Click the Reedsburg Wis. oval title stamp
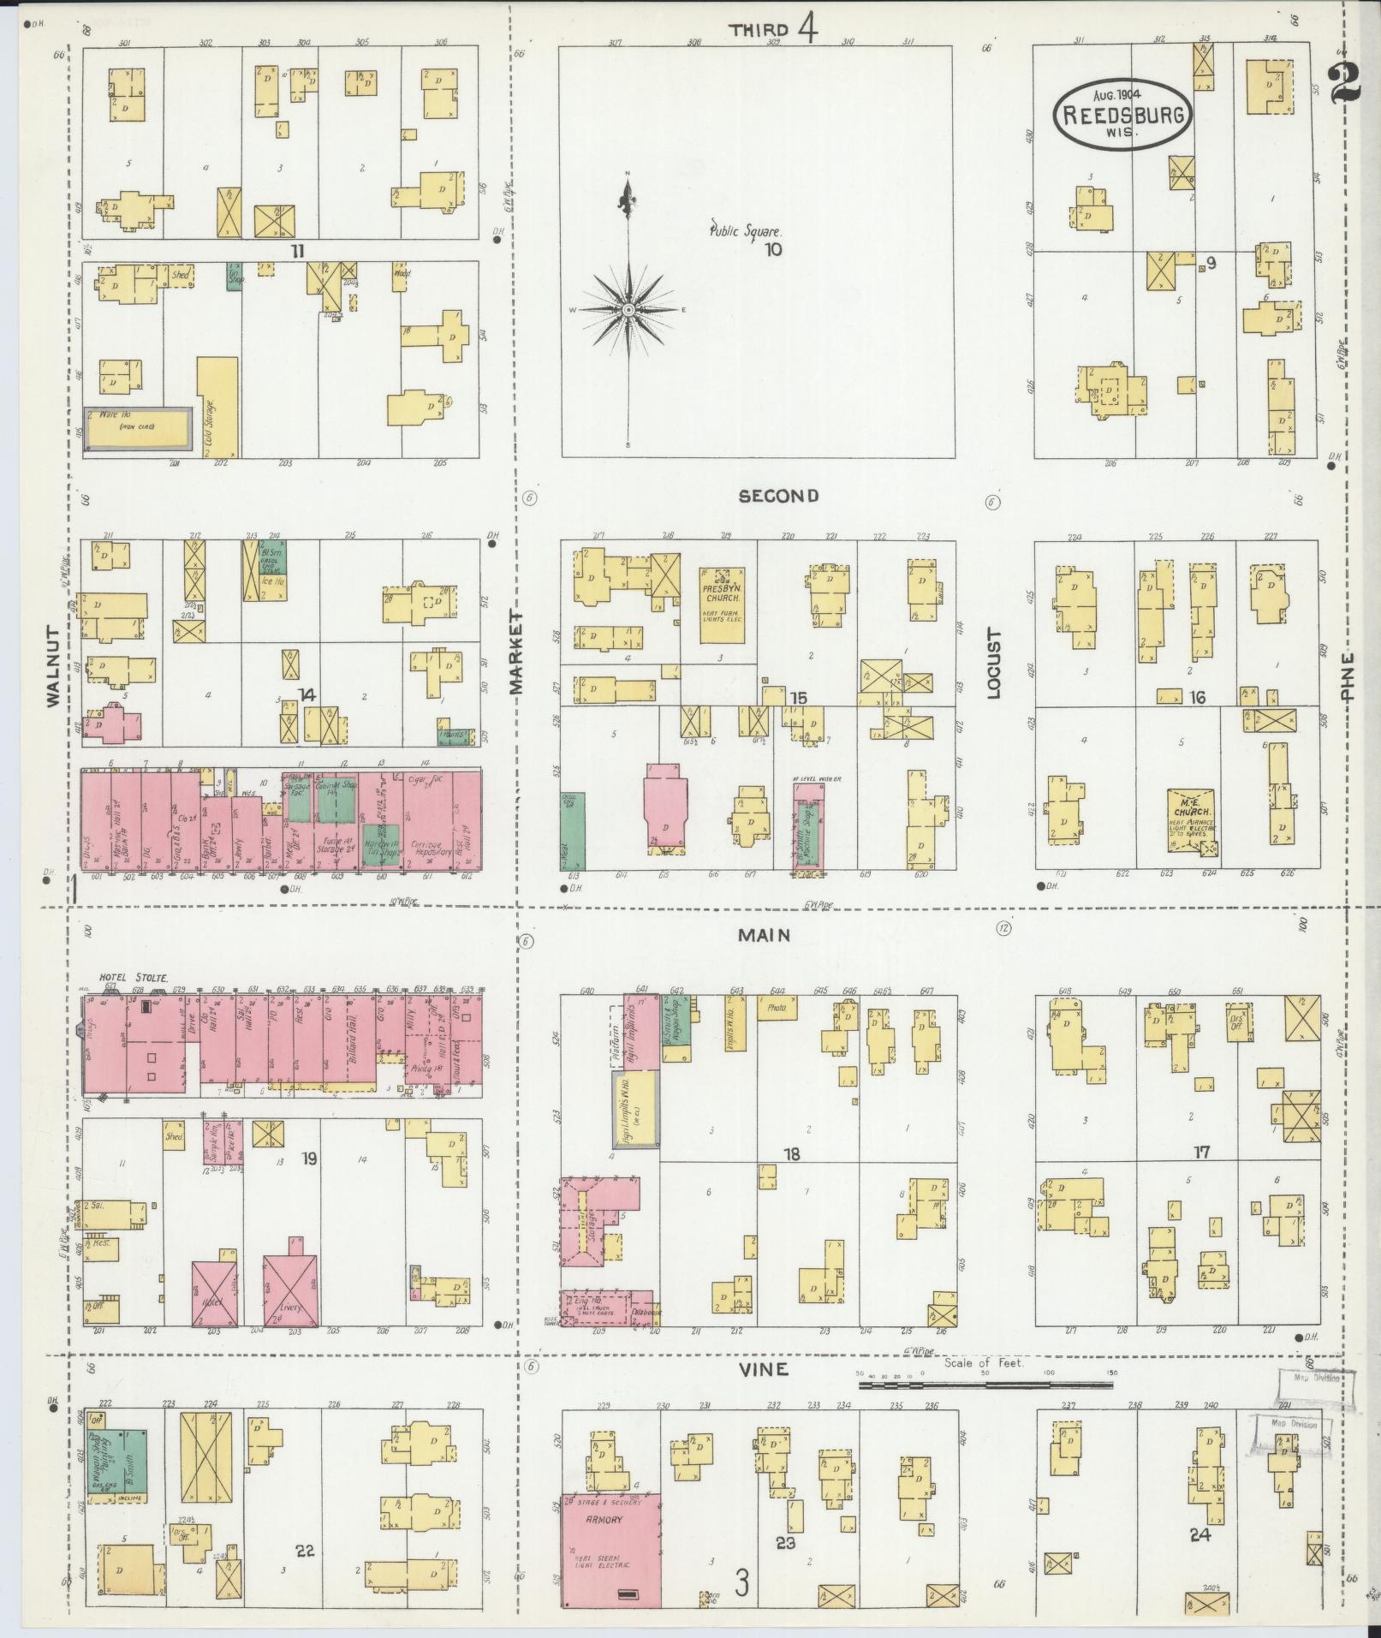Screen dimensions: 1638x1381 click(1122, 114)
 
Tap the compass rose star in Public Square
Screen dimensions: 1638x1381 click(628, 309)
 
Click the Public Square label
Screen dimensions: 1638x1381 click(745, 230)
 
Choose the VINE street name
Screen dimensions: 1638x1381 click(764, 1370)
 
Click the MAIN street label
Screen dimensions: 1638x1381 click(764, 936)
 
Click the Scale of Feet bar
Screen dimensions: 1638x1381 click(987, 1385)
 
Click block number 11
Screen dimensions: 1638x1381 click(297, 251)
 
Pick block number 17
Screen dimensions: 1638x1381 click(1202, 1153)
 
